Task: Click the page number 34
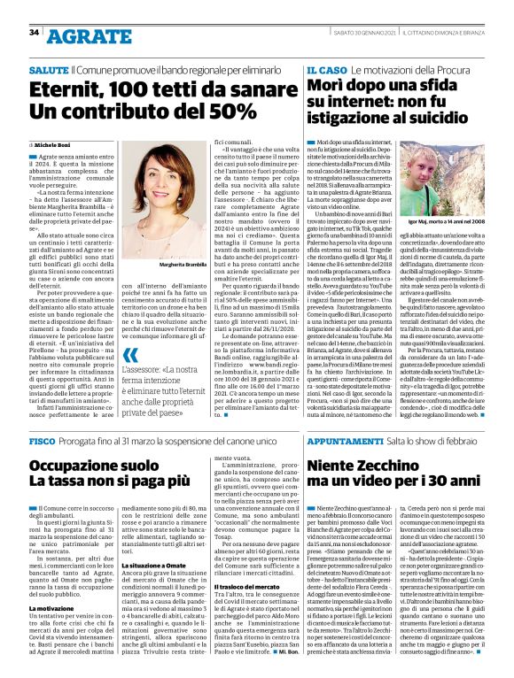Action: pyautogui.click(x=33, y=33)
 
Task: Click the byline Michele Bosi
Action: pyautogui.click(x=56, y=143)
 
